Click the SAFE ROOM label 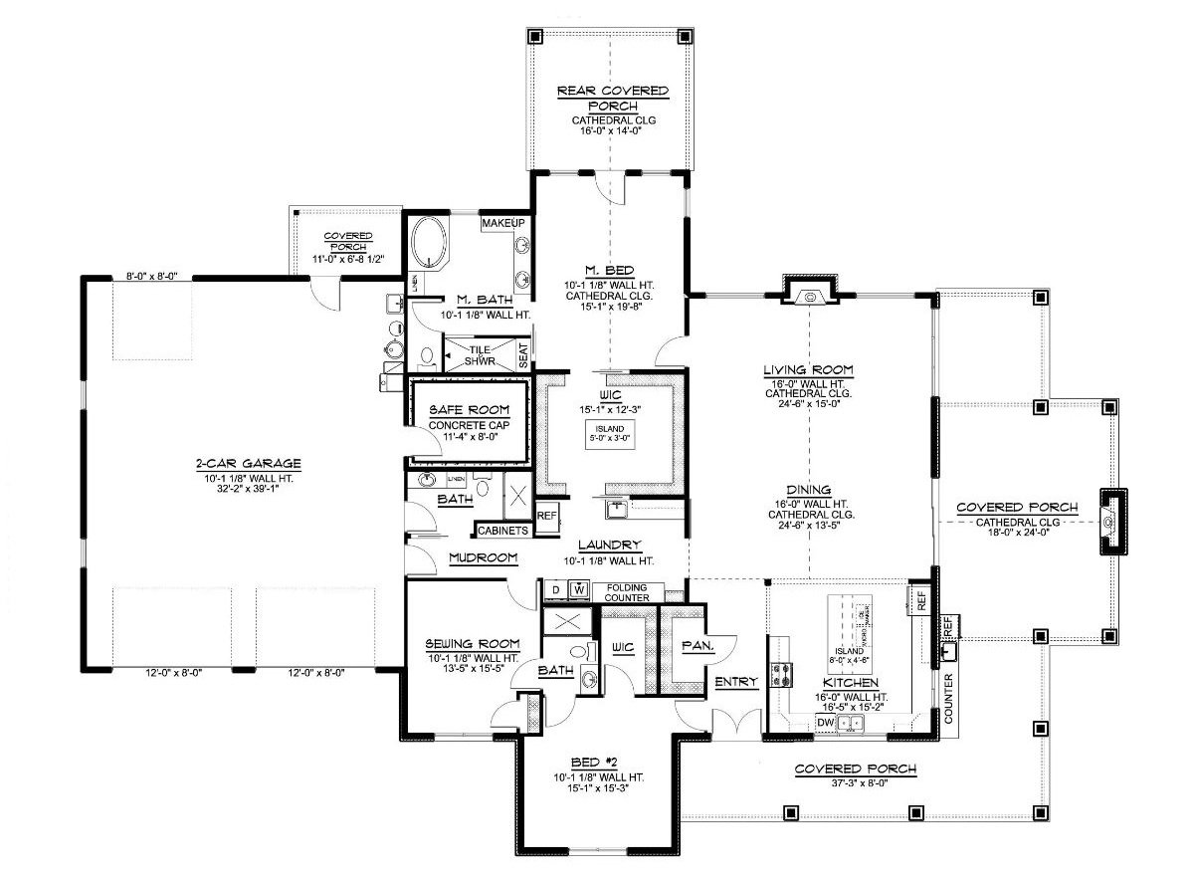point(469,410)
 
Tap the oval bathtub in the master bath point(431,245)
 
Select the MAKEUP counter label point(503,225)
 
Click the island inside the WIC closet point(611,435)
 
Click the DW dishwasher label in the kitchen point(825,723)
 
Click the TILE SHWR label point(483,355)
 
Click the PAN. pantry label point(694,645)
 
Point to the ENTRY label point(736,682)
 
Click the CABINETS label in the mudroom point(502,531)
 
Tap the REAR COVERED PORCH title point(611,98)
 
